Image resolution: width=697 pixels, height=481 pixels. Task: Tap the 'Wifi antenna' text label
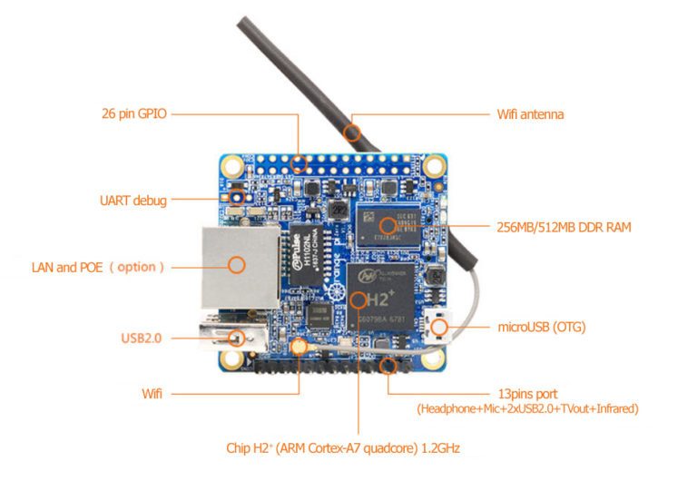click(530, 114)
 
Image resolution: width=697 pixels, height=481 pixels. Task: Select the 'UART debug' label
click(133, 200)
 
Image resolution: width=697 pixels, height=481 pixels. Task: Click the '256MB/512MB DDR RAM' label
click(564, 227)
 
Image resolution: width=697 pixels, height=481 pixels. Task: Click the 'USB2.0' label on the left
click(141, 339)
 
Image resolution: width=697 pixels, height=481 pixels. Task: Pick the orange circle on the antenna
click(352, 133)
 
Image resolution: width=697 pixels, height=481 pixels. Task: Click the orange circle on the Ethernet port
click(237, 265)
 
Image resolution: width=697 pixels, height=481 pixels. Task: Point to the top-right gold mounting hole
click(436, 166)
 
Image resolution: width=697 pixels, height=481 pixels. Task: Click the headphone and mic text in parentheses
click(527, 409)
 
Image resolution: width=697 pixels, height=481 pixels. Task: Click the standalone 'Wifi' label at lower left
click(152, 394)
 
